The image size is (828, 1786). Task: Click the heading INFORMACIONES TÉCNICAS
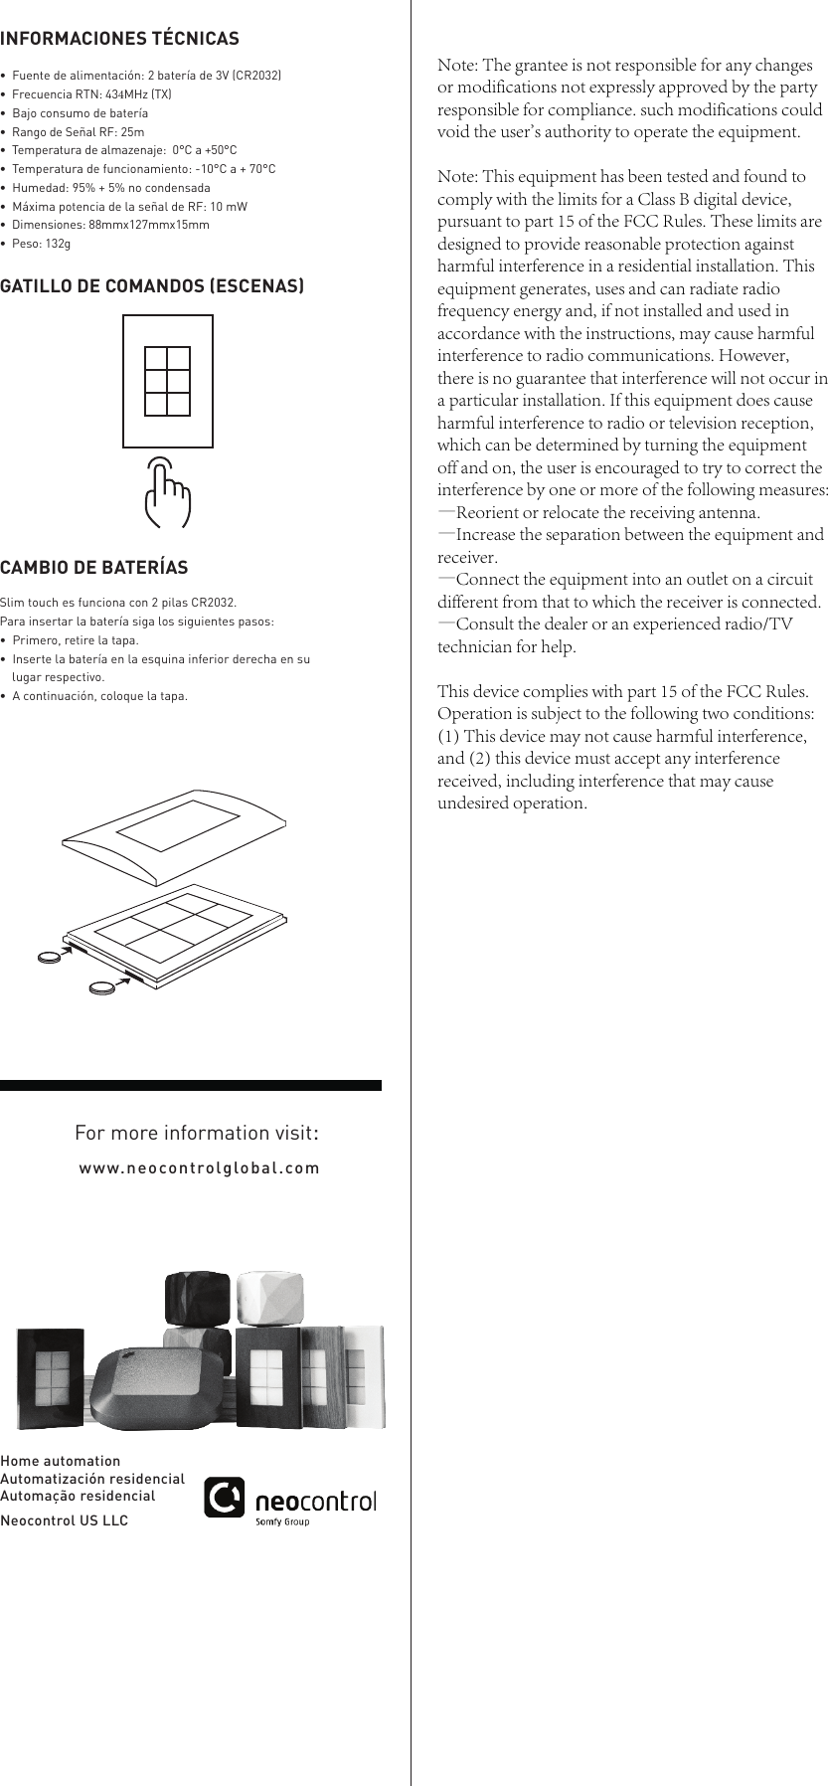(x=119, y=39)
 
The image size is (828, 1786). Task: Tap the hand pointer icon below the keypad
(x=167, y=493)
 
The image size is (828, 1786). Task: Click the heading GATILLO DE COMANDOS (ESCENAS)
(x=152, y=286)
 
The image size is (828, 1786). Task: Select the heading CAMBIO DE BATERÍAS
(x=94, y=568)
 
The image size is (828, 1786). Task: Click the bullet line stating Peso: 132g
(x=41, y=244)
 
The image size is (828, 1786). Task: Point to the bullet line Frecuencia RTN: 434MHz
(x=91, y=94)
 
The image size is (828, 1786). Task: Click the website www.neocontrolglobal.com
(x=199, y=1167)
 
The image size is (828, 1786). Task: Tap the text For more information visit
(x=197, y=1133)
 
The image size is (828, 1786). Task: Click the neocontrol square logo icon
(x=225, y=1498)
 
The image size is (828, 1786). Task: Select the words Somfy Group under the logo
(x=282, y=1521)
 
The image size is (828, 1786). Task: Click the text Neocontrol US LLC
(x=65, y=1520)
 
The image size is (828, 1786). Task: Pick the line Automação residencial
(x=78, y=1496)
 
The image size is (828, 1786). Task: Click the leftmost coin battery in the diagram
(x=49, y=958)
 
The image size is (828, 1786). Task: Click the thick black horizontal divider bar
(x=191, y=1085)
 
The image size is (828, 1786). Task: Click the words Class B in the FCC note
(x=658, y=199)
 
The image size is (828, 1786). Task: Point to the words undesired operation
(x=512, y=804)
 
